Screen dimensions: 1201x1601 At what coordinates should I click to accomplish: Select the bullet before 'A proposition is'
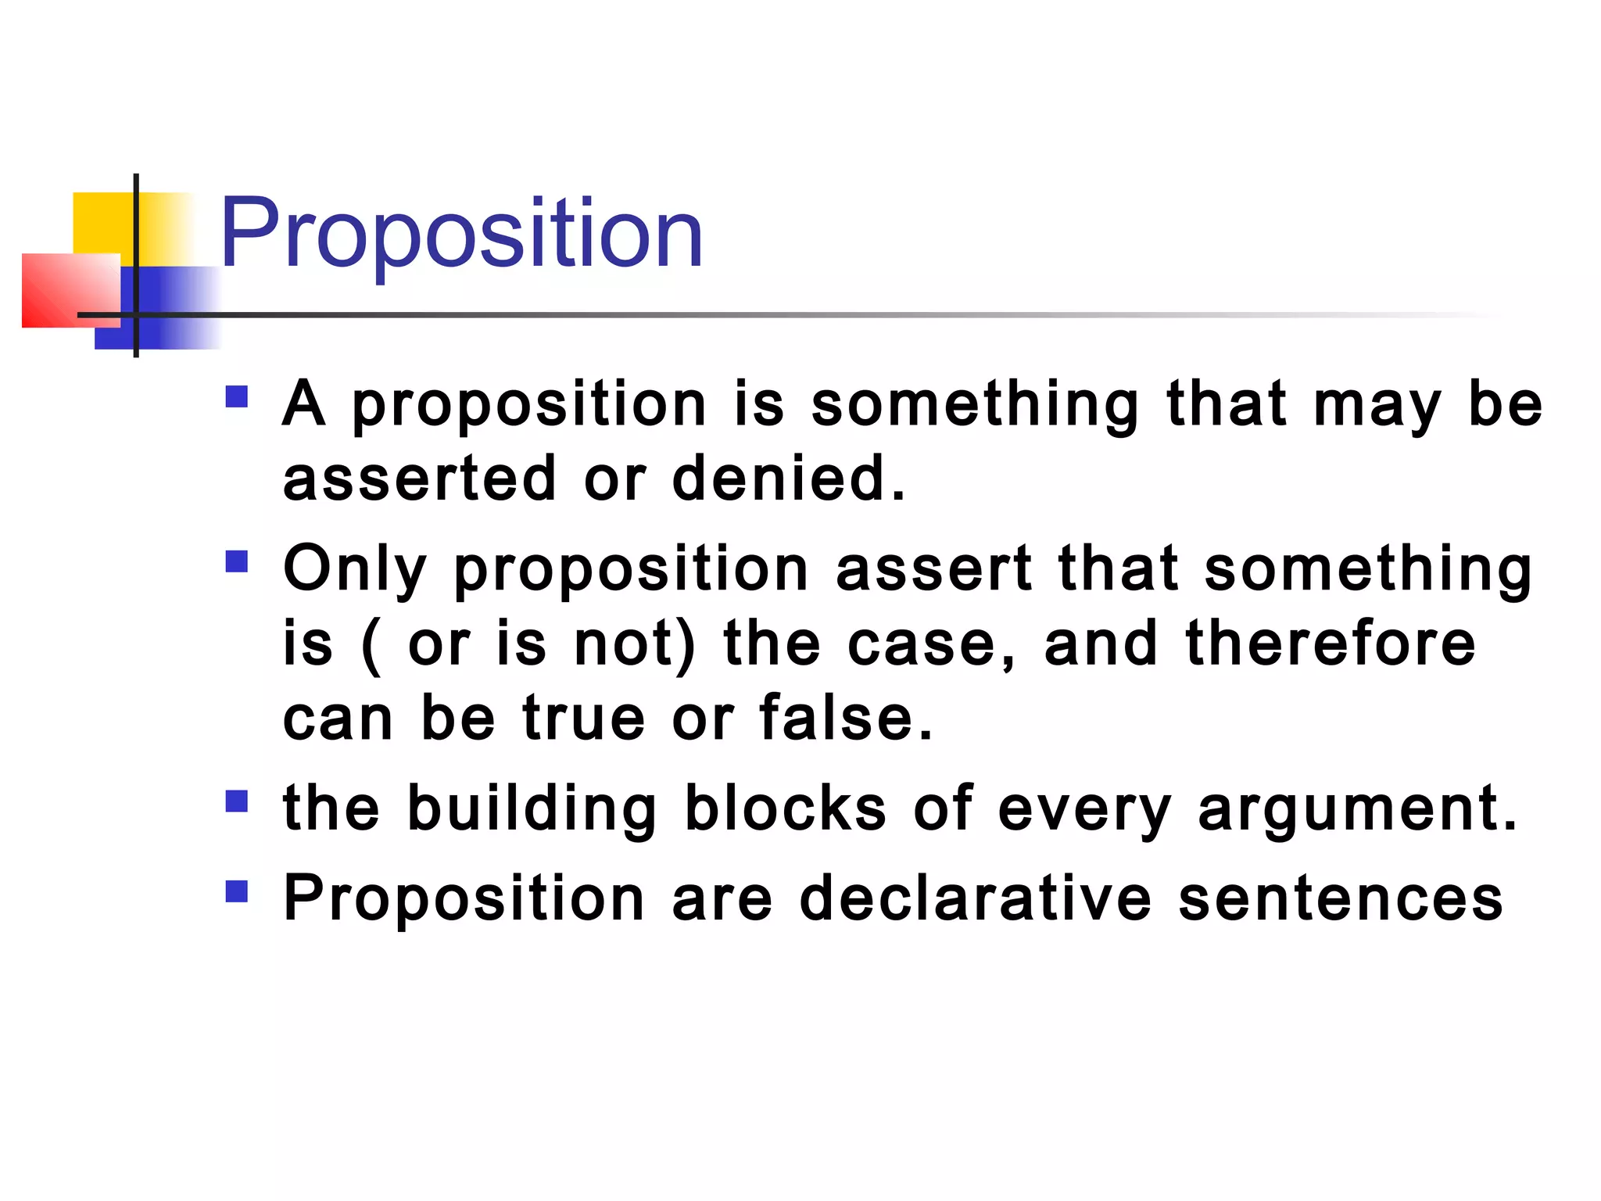point(236,396)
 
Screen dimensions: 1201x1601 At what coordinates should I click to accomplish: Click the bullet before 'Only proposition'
point(236,561)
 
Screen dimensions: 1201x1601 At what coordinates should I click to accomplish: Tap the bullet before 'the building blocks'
point(236,801)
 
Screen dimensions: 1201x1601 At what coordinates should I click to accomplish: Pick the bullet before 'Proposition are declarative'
point(236,891)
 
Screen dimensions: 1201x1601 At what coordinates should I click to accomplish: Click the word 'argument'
point(1357,810)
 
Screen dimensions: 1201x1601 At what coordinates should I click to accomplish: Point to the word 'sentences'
point(1341,899)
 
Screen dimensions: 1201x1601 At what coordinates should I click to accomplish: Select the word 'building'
point(532,810)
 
